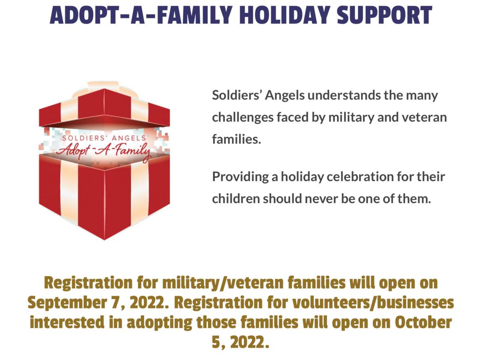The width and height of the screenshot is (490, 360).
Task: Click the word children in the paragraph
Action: pyautogui.click(x=236, y=199)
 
